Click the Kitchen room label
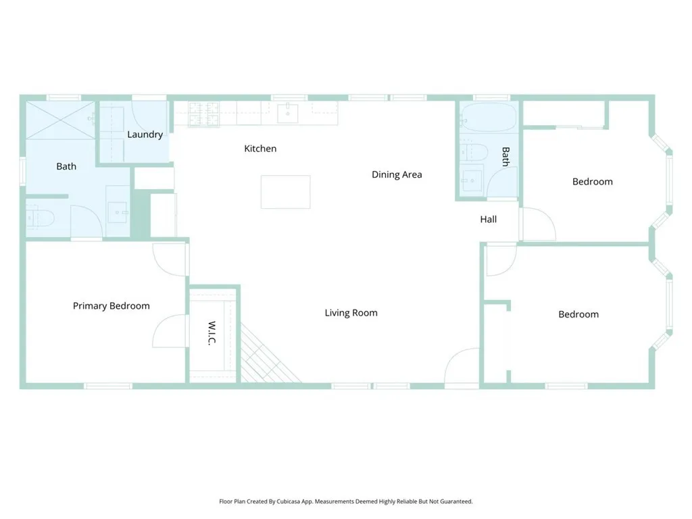click(260, 149)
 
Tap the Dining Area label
click(397, 174)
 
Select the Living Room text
click(351, 313)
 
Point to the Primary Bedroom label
click(111, 306)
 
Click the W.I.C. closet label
click(212, 334)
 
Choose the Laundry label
click(145, 134)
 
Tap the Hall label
click(488, 219)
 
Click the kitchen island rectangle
click(285, 192)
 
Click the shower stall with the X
click(59, 120)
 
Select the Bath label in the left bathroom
click(66, 166)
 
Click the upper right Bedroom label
click(592, 182)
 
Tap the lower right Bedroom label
click(578, 314)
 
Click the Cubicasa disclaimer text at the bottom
click(345, 501)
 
